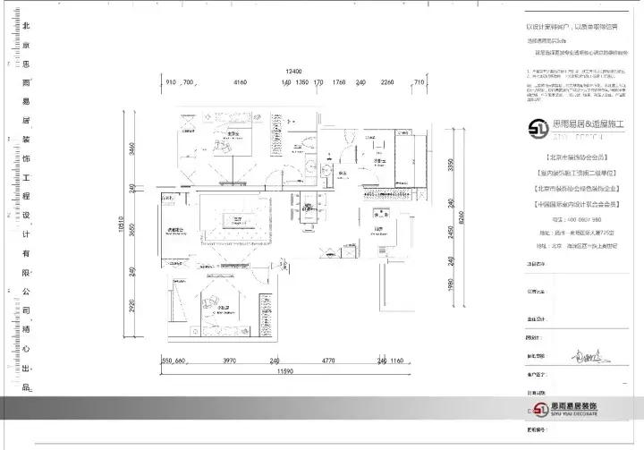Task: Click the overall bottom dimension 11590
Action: [285, 369]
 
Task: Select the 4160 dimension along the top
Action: [240, 82]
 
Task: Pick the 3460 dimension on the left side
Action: [131, 149]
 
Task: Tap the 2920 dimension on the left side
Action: [131, 310]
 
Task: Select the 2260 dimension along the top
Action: [387, 82]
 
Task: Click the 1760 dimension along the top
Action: [339, 82]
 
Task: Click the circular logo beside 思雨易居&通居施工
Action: [539, 128]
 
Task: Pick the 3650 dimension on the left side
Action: [131, 229]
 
